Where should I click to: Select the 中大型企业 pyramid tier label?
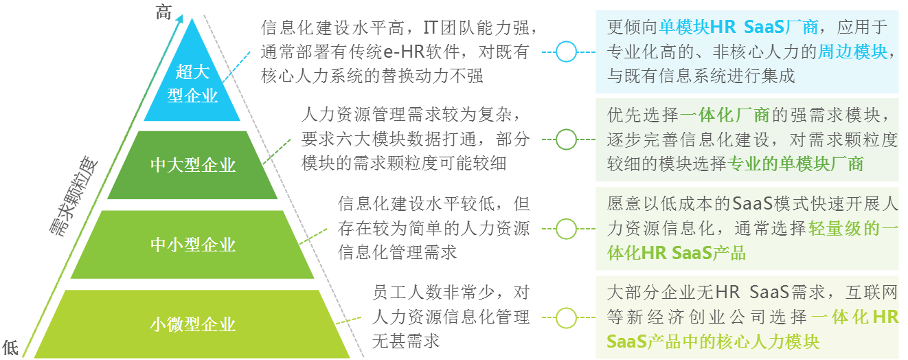[193, 165]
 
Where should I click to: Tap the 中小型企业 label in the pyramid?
[193, 245]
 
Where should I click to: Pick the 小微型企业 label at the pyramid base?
[193, 324]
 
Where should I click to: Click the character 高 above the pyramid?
[163, 12]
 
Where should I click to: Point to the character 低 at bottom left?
[10, 347]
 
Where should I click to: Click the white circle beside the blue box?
[566, 52]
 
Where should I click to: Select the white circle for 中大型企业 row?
[566, 139]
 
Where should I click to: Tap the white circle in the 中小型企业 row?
[566, 229]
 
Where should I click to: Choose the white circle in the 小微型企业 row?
[566, 317]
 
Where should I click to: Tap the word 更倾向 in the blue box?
[633, 27]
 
